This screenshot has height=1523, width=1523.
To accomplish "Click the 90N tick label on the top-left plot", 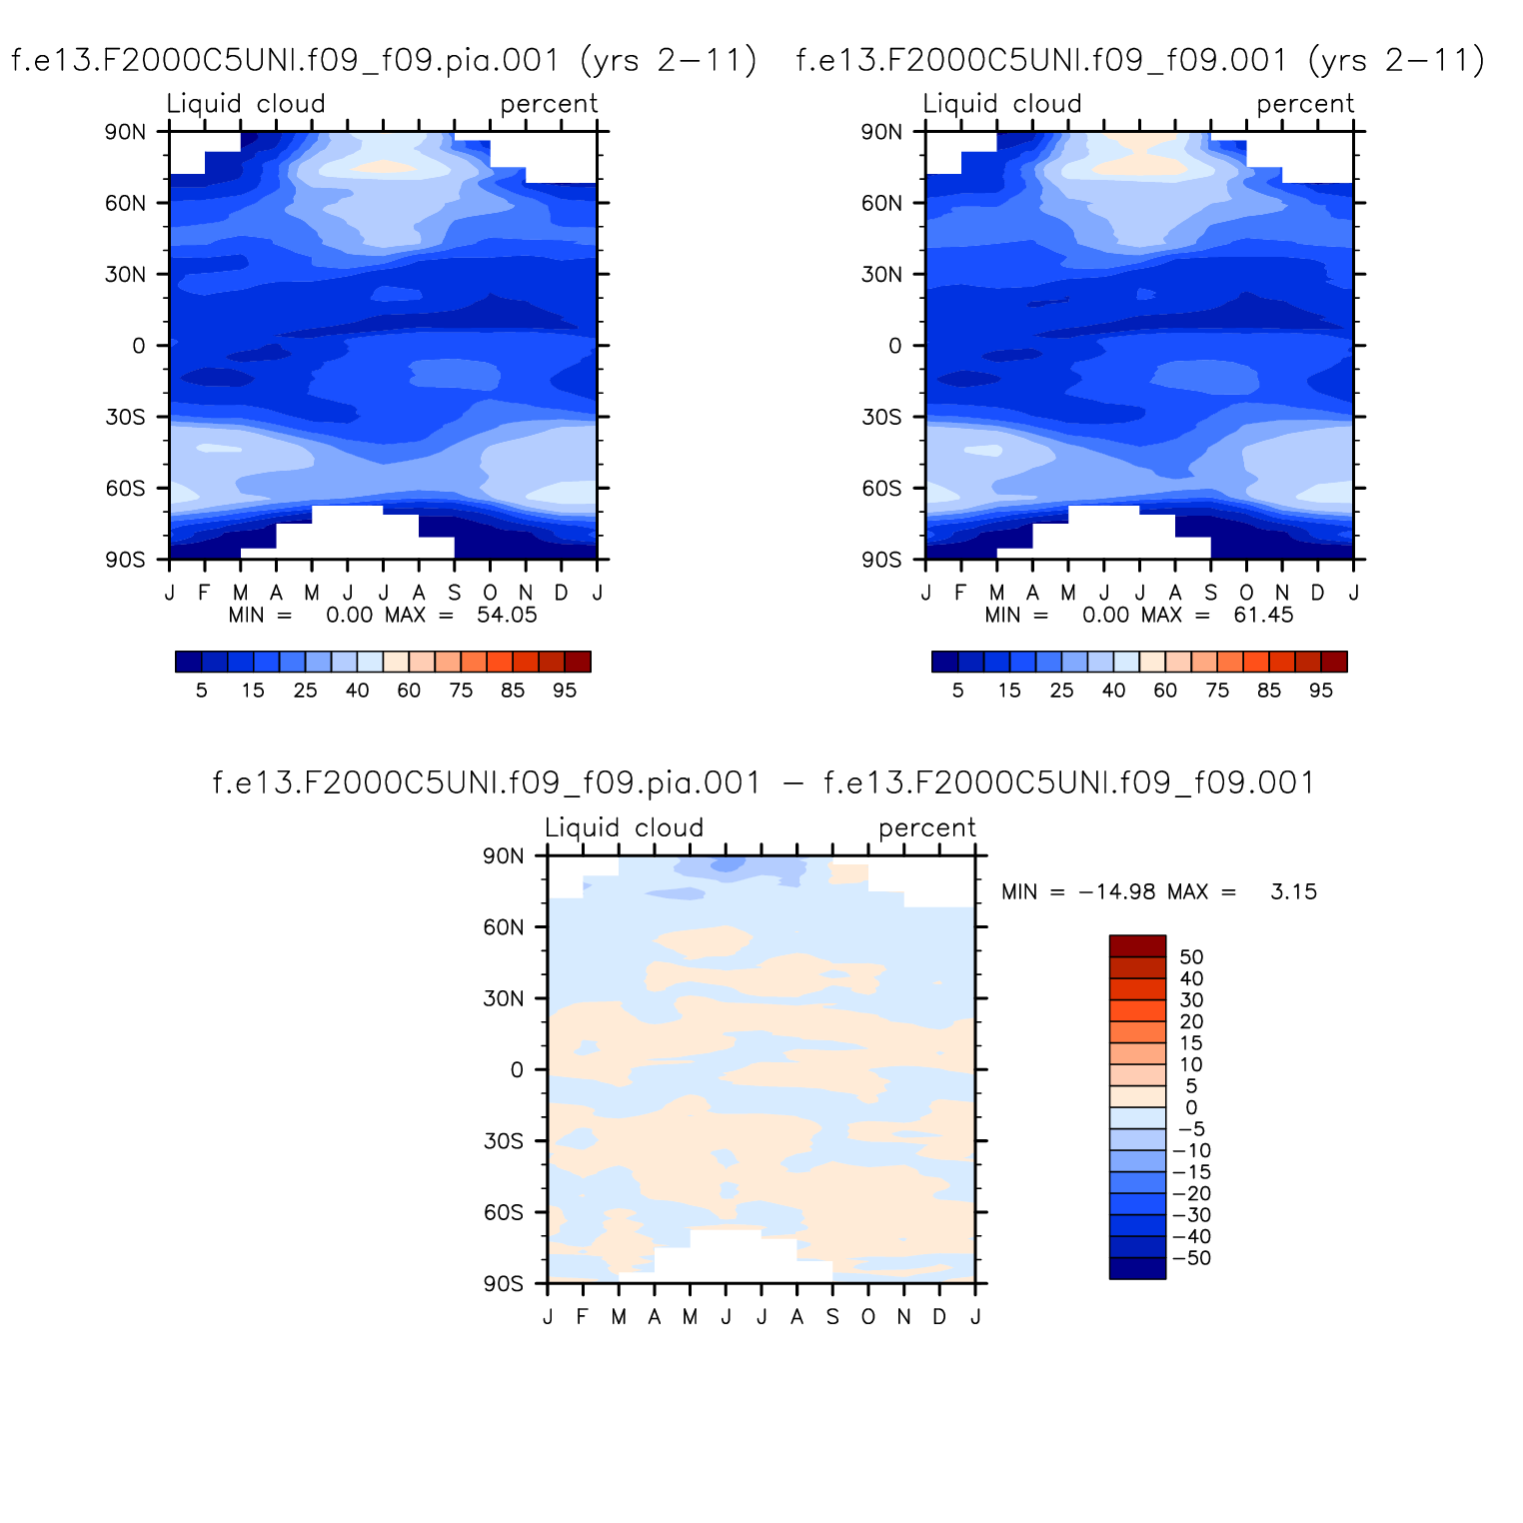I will tap(125, 132).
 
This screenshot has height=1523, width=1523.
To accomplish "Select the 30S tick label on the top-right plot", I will tap(881, 417).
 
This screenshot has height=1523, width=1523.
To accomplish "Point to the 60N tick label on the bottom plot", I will tap(503, 927).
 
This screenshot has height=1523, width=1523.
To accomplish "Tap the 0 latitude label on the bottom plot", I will tap(516, 1070).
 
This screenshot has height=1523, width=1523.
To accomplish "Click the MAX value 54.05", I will tap(507, 615).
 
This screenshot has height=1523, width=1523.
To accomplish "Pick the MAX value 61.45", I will tap(1263, 615).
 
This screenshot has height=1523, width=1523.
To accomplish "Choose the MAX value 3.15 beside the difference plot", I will tap(1293, 891).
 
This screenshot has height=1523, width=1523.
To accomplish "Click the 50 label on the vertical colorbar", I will tap(1191, 957).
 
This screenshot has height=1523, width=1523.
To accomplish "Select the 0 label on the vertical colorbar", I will tap(1191, 1107).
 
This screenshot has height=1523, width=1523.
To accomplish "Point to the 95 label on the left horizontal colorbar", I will tap(565, 691).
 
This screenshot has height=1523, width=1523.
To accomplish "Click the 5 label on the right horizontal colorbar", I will tap(957, 691).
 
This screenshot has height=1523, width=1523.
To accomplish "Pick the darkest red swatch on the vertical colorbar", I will tap(1137, 946).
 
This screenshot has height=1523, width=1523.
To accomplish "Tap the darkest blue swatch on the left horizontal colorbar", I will tap(188, 662).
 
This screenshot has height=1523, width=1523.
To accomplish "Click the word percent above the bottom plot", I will tap(926, 828).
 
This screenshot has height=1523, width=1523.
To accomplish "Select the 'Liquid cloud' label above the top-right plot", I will tap(1001, 104).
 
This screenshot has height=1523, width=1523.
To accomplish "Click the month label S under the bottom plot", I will tap(832, 1317).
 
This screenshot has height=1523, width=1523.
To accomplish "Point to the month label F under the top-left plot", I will tap(204, 593).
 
